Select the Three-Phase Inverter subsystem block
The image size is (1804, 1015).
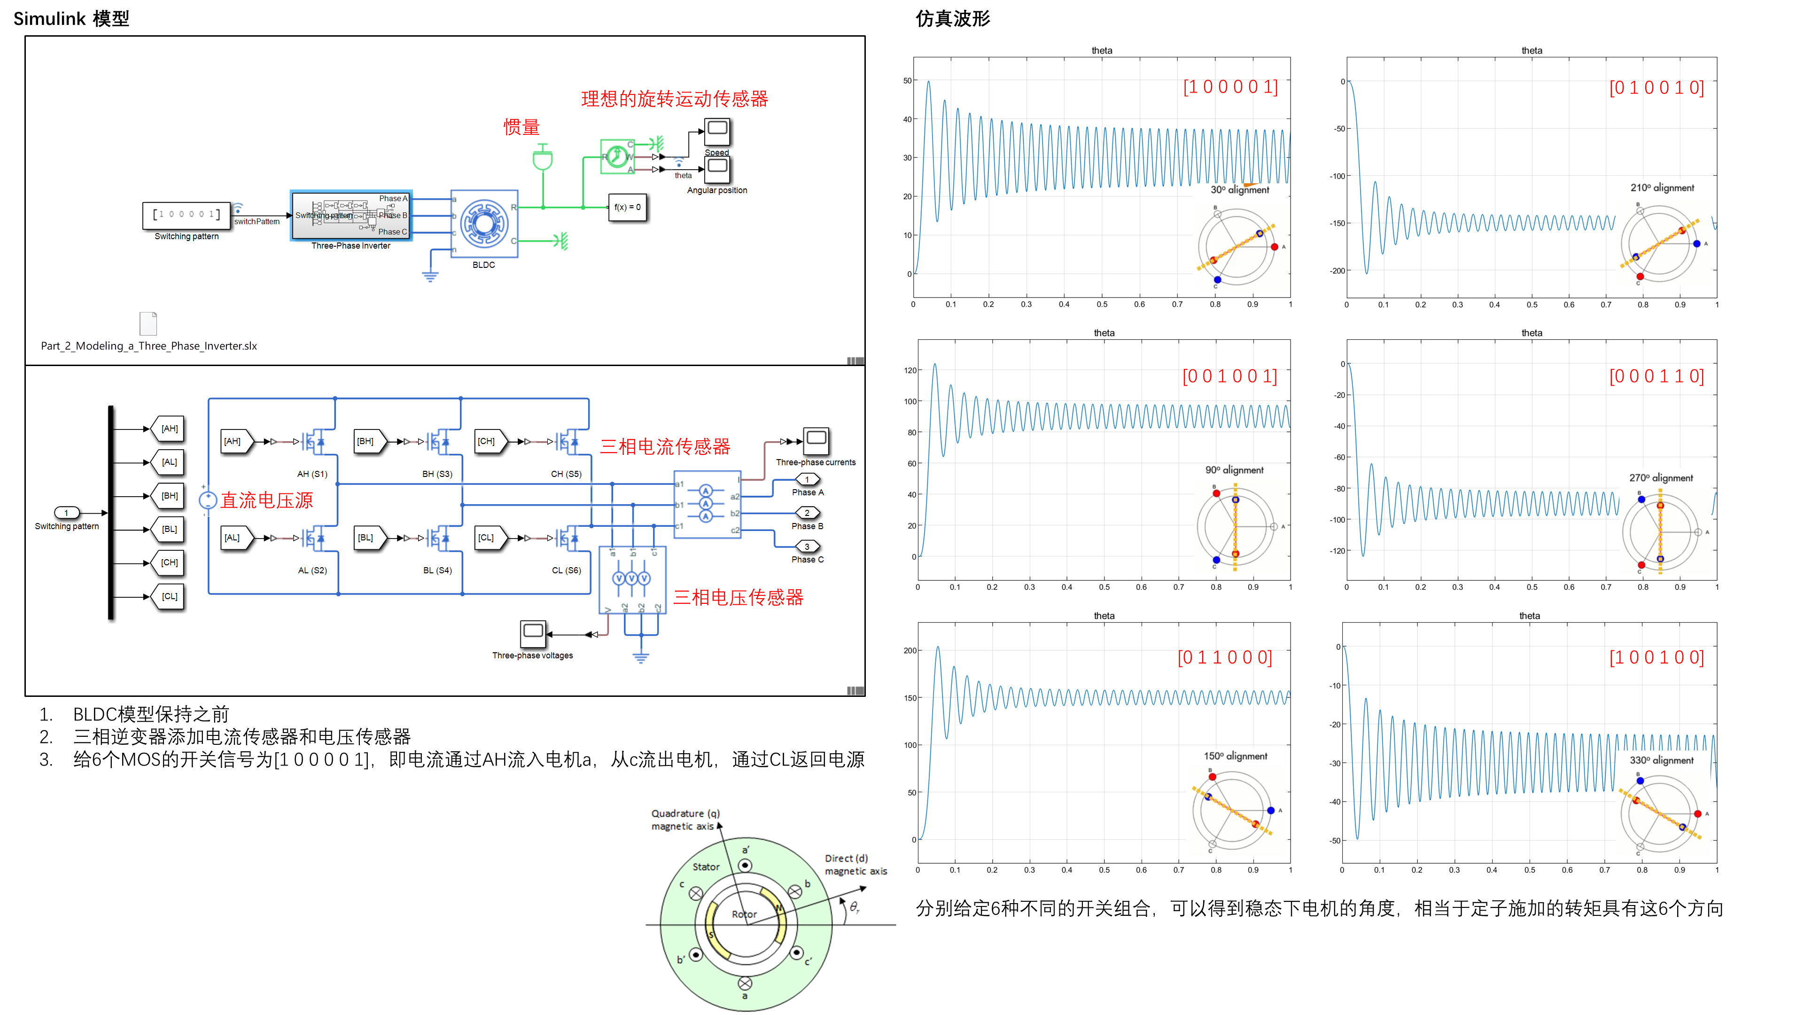[x=351, y=215]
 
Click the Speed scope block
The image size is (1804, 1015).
[x=717, y=131]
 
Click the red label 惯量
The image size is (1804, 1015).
[x=522, y=127]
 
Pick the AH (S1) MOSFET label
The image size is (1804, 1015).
[x=312, y=474]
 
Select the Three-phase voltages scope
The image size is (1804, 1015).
[x=533, y=633]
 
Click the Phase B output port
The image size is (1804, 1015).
[x=807, y=514]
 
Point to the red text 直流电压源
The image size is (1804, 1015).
[x=267, y=500]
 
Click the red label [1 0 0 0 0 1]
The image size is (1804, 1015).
[x=1230, y=87]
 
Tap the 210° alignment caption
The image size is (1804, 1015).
[x=1662, y=188]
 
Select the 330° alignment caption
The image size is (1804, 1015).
[x=1661, y=760]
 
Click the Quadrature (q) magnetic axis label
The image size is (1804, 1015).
[x=685, y=820]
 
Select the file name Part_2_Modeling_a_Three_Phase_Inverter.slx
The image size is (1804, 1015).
[x=148, y=346]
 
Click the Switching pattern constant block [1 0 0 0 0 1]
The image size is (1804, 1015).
[x=187, y=215]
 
